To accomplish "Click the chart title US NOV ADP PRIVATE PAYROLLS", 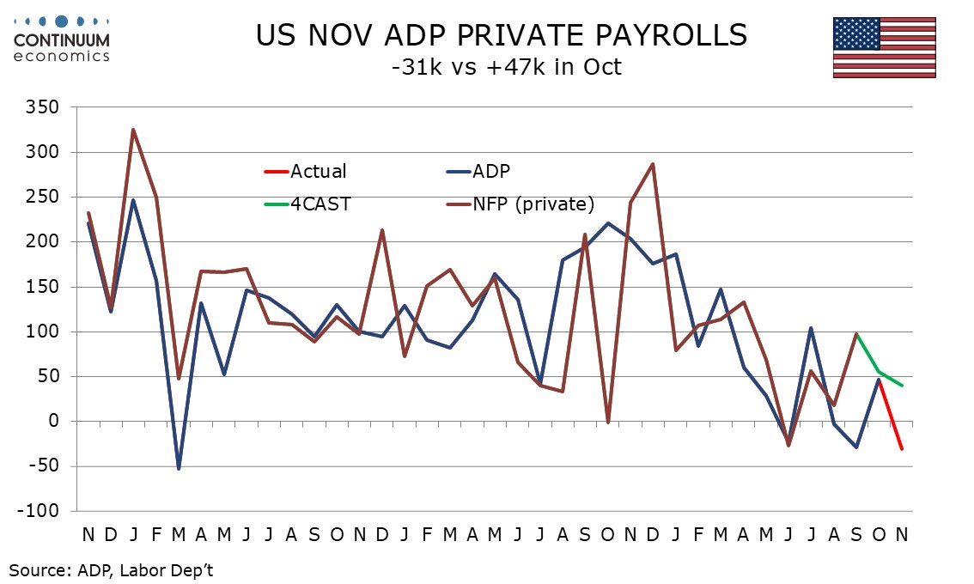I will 502,35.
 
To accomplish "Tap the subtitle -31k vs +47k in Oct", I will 502,66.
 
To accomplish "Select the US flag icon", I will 884,47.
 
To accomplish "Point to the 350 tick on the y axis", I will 44,107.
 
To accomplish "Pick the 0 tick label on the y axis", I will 54,422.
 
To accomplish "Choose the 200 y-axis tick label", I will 44,242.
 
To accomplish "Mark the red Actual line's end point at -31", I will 902,449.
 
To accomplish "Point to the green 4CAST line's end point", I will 902,386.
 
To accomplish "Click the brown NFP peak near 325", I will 133,131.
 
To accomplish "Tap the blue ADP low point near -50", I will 179,468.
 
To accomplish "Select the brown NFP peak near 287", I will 653,164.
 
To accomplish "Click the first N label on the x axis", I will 88,534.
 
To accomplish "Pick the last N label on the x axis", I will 902,534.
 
